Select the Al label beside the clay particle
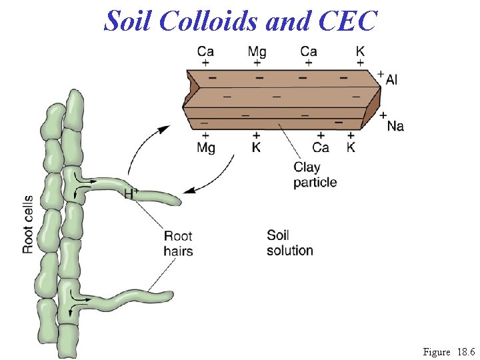[391, 80]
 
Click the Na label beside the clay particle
[395, 125]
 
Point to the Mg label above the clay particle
[257, 51]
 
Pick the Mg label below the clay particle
[206, 147]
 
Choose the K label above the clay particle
[360, 51]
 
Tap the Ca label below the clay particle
[321, 147]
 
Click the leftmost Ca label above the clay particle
[205, 51]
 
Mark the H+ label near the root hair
[131, 193]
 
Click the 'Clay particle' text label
[315, 175]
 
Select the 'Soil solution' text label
[289, 243]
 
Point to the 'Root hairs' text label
[178, 243]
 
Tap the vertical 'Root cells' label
[28, 224]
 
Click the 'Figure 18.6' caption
[449, 351]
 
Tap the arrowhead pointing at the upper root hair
[189, 191]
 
